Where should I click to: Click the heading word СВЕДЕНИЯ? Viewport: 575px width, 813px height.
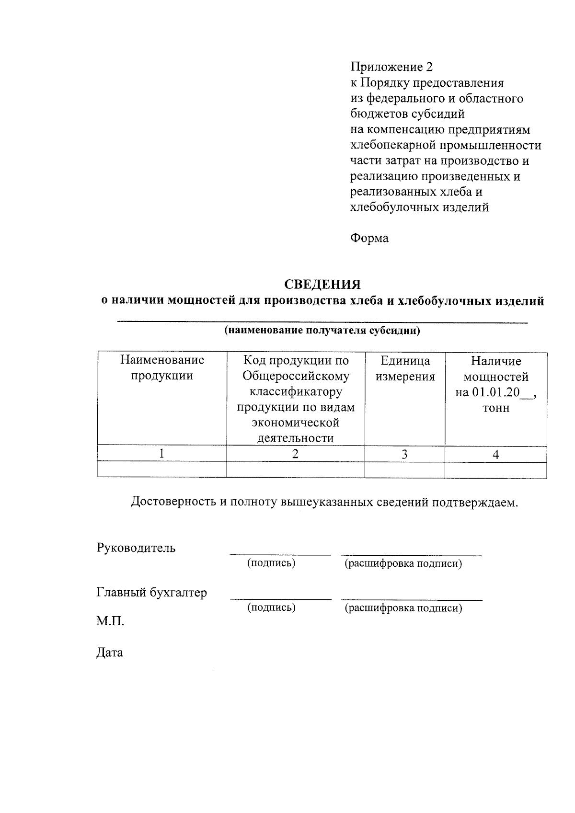click(x=322, y=285)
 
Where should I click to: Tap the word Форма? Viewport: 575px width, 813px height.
click(x=369, y=238)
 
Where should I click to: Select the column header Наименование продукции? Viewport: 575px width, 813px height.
click(x=162, y=368)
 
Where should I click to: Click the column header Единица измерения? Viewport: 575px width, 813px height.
click(x=405, y=368)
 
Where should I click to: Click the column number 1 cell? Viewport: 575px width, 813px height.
click(x=162, y=454)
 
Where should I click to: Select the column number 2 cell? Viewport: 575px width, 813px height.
click(x=295, y=454)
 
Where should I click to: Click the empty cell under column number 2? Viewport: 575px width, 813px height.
click(x=295, y=469)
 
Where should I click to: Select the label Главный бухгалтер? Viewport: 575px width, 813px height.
click(x=152, y=593)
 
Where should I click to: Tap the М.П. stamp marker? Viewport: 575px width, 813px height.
click(x=110, y=622)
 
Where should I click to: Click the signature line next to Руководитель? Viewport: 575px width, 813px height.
click(x=280, y=553)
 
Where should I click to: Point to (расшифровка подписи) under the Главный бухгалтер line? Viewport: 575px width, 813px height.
click(x=403, y=609)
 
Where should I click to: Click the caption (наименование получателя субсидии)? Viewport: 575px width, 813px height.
click(x=322, y=331)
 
